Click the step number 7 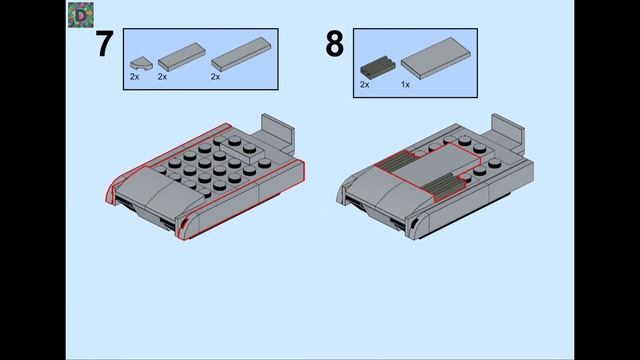[104, 44]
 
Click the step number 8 [334, 44]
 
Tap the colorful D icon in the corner [81, 15]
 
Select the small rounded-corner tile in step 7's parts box [141, 63]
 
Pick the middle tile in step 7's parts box [182, 56]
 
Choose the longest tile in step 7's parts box [241, 54]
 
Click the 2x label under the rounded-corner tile [135, 76]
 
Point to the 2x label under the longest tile [216, 76]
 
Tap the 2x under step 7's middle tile [162, 76]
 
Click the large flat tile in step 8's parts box [436, 58]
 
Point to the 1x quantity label [405, 84]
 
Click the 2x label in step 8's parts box [365, 84]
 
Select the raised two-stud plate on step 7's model [243, 149]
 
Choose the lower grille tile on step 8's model [444, 187]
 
